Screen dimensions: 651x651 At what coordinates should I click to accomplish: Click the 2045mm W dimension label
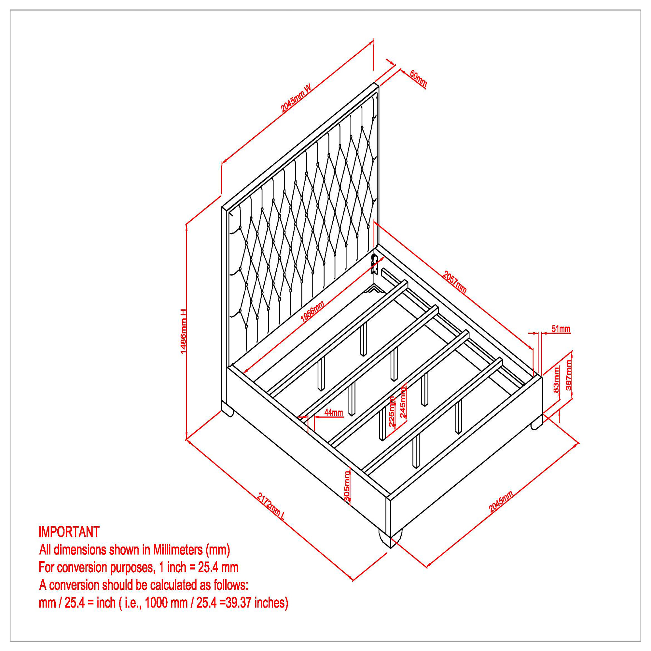click(296, 98)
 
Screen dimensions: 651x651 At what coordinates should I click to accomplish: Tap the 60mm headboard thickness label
click(418, 79)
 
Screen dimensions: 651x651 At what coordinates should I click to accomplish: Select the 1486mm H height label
click(183, 331)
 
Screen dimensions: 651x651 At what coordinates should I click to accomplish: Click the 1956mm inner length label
click(312, 312)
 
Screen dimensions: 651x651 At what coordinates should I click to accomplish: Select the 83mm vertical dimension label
click(556, 379)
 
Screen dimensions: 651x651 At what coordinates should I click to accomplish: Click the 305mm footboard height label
click(347, 487)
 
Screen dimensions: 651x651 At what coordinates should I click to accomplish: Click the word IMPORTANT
click(69, 532)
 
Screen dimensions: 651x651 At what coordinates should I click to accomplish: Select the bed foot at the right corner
click(536, 425)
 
